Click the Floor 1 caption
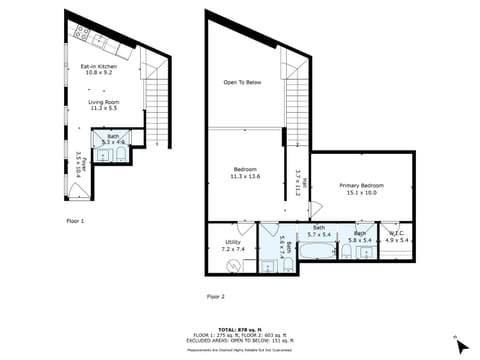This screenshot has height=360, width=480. (x=75, y=219)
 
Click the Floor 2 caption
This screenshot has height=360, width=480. (x=216, y=297)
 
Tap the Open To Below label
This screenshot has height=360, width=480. (x=243, y=83)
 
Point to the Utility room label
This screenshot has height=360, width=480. (x=232, y=245)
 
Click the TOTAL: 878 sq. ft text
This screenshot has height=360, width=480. (x=239, y=328)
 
